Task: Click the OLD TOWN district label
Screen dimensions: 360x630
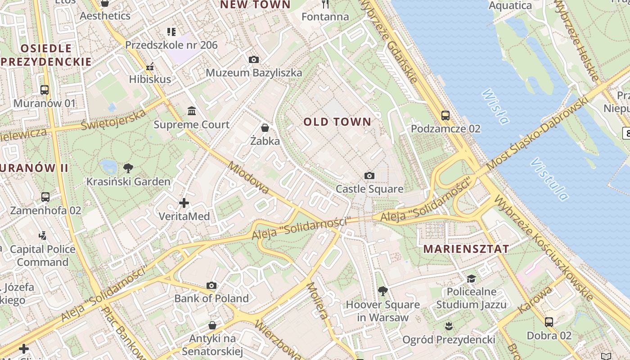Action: pyautogui.click(x=337, y=121)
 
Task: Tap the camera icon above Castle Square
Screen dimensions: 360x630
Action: pyautogui.click(x=369, y=175)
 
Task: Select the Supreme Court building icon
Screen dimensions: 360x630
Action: pyautogui.click(x=192, y=111)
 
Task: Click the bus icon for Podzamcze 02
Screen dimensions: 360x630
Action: pyautogui.click(x=445, y=115)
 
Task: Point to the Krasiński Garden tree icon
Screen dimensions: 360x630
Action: pyautogui.click(x=128, y=168)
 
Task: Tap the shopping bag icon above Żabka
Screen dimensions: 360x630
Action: pyautogui.click(x=265, y=127)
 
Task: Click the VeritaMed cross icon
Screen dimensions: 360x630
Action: pyautogui.click(x=184, y=203)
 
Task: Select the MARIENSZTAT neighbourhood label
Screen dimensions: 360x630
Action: pyautogui.click(x=466, y=248)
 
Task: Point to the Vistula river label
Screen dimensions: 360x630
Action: pyautogui.click(x=549, y=179)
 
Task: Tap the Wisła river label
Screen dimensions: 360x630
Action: pyautogui.click(x=495, y=107)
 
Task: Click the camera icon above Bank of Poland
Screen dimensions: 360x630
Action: pyautogui.click(x=211, y=285)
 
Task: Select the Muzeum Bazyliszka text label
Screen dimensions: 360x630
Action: pyautogui.click(x=254, y=72)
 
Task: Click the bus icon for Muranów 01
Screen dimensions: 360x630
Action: pyautogui.click(x=45, y=90)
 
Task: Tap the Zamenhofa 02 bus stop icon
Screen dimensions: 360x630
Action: pyautogui.click(x=45, y=197)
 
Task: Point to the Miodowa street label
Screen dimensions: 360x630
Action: pyautogui.click(x=248, y=178)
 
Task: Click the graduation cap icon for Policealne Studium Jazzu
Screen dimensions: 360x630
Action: pyautogui.click(x=471, y=279)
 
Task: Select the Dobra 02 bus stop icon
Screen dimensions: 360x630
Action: pyautogui.click(x=549, y=322)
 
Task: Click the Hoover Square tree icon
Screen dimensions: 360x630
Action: pyautogui.click(x=382, y=291)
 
